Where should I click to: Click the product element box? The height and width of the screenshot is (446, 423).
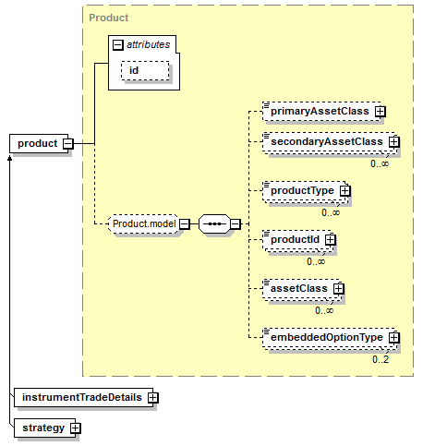pyautogui.click(x=39, y=143)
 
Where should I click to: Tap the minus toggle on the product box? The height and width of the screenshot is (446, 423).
pyautogui.click(x=68, y=143)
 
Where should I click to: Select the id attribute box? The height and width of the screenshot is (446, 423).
pyautogui.click(x=145, y=70)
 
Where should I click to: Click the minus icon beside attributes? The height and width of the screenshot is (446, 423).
pyautogui.click(x=118, y=45)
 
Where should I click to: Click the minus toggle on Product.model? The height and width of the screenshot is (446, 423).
pyautogui.click(x=185, y=223)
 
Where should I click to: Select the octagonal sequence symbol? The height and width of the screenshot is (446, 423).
pyautogui.click(x=214, y=223)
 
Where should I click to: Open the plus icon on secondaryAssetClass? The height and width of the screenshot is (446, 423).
pyautogui.click(x=394, y=141)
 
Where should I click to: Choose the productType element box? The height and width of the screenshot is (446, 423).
pyautogui.click(x=304, y=191)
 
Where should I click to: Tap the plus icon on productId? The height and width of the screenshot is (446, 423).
pyautogui.click(x=331, y=239)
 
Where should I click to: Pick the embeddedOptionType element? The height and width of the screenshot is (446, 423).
pyautogui.click(x=329, y=337)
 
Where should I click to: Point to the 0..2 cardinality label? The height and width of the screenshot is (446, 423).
pyautogui.click(x=381, y=359)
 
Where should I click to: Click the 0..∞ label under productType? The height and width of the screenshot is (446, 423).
pyautogui.click(x=331, y=212)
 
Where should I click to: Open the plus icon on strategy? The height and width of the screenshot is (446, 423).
pyautogui.click(x=76, y=428)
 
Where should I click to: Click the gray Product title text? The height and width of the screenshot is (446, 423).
pyautogui.click(x=109, y=18)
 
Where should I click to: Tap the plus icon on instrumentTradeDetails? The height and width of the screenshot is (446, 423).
pyautogui.click(x=153, y=397)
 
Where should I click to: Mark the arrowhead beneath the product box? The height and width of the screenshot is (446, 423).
pyautogui.click(x=9, y=158)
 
